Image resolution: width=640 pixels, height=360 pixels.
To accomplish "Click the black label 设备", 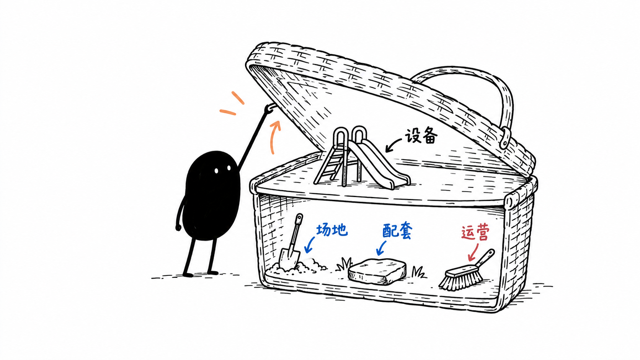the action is point(421,136).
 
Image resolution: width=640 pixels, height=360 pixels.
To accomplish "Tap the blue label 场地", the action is point(332,230).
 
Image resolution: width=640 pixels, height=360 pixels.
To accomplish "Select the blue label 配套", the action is point(397,231).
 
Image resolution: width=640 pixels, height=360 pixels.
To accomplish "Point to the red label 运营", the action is point(475,232).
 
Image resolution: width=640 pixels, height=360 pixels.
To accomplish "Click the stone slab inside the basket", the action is point(377,271).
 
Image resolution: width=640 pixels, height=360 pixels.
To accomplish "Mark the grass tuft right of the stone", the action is point(418,272).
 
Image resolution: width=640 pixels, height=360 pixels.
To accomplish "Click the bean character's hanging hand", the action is point(178,228).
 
